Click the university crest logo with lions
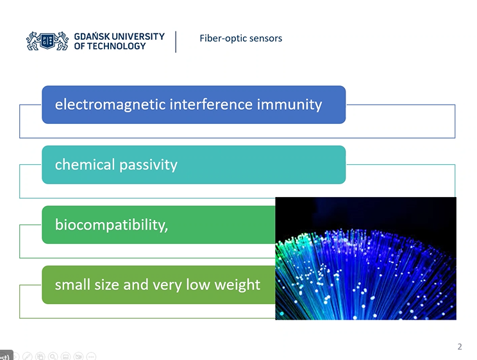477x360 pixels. click(47, 41)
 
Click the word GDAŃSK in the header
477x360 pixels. click(92, 36)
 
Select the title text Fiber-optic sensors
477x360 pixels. click(241, 39)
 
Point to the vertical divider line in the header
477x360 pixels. click(176, 42)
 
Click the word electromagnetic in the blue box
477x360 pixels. click(110, 105)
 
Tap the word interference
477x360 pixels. click(211, 105)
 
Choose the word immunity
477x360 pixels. click(290, 105)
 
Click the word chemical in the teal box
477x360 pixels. click(85, 164)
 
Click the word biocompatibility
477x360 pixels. click(111, 225)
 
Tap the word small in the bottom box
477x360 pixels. click(72, 285)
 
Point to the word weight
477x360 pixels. click(237, 286)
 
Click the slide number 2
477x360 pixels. click(460, 347)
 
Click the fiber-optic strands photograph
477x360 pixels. click(365, 258)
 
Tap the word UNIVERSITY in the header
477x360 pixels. click(138, 36)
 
